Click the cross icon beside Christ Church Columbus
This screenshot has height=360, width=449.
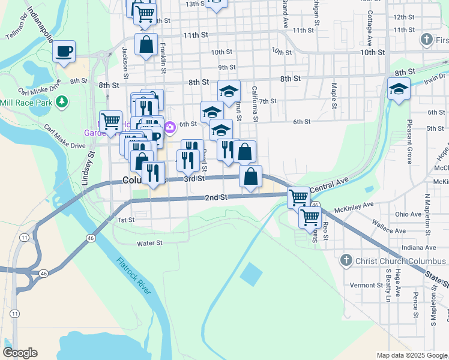point(345,260)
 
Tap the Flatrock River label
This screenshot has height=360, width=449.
point(134,275)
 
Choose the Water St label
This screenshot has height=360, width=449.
point(150,243)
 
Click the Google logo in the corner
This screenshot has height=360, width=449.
point(20,353)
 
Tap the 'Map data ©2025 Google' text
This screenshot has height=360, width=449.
point(412,355)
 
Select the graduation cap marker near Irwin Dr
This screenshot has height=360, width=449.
point(399,89)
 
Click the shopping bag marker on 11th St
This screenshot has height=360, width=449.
point(146,44)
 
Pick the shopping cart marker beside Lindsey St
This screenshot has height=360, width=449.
point(110,121)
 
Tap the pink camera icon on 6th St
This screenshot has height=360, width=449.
point(170,126)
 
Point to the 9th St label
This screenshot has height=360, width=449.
point(226,67)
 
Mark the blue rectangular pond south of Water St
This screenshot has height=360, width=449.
point(251,275)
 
